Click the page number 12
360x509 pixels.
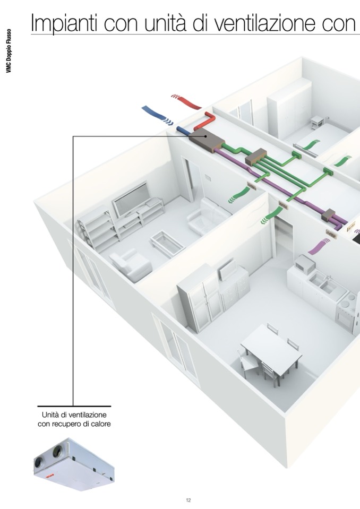(x=188, y=500)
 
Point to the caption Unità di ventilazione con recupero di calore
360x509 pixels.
(x=74, y=419)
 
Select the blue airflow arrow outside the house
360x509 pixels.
(x=156, y=115)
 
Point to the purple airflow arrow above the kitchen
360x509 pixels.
(x=319, y=246)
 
